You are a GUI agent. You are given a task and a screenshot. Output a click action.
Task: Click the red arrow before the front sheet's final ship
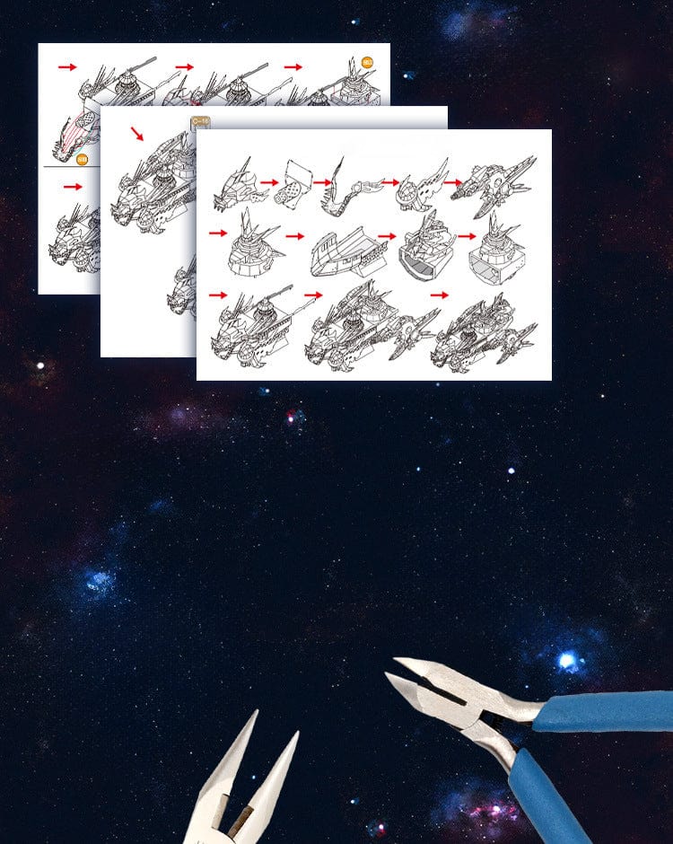pos(440,295)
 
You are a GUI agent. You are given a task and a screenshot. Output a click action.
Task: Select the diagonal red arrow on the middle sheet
pos(136,133)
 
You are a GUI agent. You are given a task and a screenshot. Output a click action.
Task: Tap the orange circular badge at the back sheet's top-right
pos(366,63)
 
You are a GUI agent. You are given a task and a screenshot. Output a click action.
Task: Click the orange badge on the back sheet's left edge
pos(82,160)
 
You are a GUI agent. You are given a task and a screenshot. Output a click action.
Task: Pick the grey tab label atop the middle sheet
pos(198,123)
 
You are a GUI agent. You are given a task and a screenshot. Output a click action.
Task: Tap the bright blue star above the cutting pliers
pos(567,662)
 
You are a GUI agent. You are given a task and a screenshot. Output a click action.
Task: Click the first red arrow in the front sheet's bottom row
pos(217,295)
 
